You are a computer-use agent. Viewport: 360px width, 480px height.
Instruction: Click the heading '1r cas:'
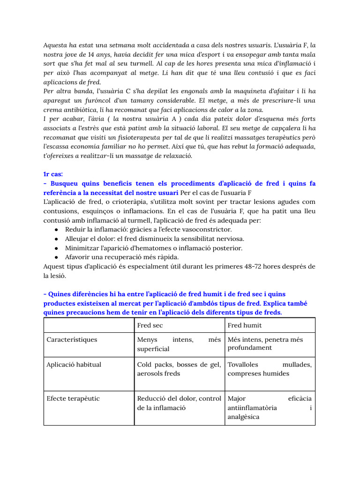pos(53,173)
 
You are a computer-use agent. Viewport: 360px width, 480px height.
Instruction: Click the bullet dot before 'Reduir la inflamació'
pos(56,229)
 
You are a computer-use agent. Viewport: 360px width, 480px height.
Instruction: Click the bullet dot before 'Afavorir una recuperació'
pos(56,257)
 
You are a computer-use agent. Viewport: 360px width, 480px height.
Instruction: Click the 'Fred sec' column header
pos(150,325)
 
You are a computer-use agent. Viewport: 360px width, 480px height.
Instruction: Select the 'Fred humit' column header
pos(245,325)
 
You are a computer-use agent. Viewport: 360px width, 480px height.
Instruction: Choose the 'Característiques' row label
pos(72,339)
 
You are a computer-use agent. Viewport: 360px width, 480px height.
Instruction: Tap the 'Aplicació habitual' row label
pos(74,364)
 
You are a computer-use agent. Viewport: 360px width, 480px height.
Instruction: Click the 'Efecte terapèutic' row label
pos(73,398)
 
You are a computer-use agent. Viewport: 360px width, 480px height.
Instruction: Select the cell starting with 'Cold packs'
pos(179,369)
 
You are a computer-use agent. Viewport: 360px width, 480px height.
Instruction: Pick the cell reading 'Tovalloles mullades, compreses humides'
pos(269,369)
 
